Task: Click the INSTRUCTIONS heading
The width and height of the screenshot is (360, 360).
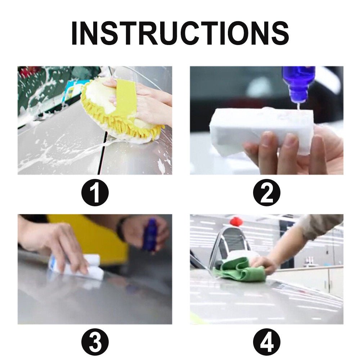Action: [x=180, y=33]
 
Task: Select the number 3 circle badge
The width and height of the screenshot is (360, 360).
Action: [x=95, y=343]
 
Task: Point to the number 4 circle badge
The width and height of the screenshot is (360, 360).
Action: [x=266, y=343]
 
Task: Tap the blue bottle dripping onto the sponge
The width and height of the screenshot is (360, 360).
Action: [x=298, y=81]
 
